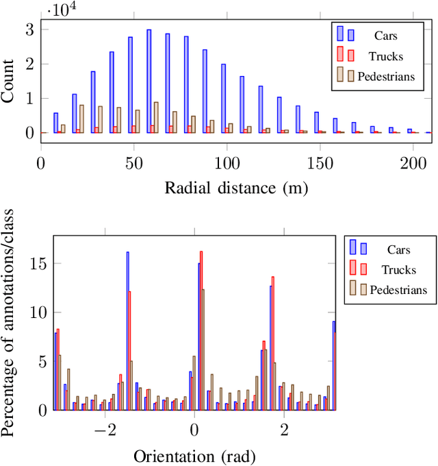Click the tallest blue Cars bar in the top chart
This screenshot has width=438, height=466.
[149, 81]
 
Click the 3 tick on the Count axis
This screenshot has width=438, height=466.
[29, 29]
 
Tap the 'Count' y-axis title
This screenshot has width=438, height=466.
[8, 81]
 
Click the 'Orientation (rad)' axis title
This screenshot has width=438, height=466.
[194, 456]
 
